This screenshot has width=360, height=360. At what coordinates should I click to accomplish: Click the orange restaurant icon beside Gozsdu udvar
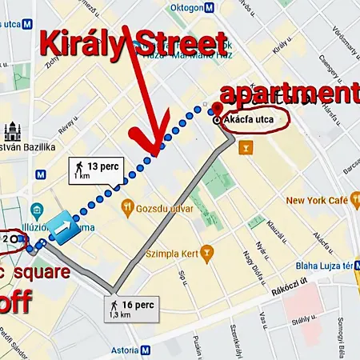pos(126,208)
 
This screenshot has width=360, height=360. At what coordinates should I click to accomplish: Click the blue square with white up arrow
pos(61,229)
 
